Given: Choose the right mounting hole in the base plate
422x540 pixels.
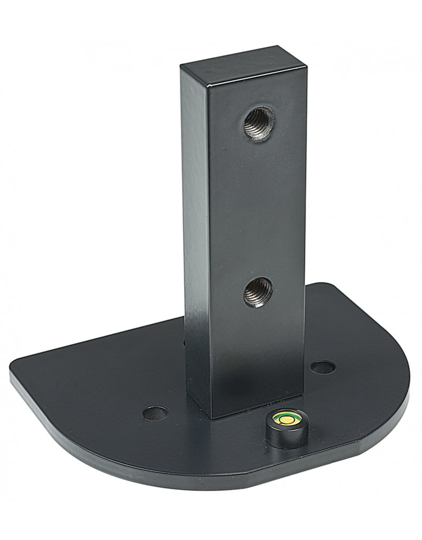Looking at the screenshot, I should (x=323, y=367).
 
